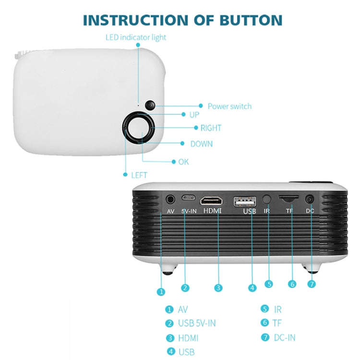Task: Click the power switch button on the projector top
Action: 150,105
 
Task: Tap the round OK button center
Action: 139,128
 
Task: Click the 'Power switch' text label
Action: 229,106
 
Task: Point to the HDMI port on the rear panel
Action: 212,200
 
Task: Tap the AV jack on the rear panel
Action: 170,199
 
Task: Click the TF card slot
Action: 289,198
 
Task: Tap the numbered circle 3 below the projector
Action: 218,288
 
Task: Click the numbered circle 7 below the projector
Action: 312,284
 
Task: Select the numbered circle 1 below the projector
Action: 161,291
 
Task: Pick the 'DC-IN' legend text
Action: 285,338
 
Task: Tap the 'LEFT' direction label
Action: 139,175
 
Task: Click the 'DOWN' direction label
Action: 201,144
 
